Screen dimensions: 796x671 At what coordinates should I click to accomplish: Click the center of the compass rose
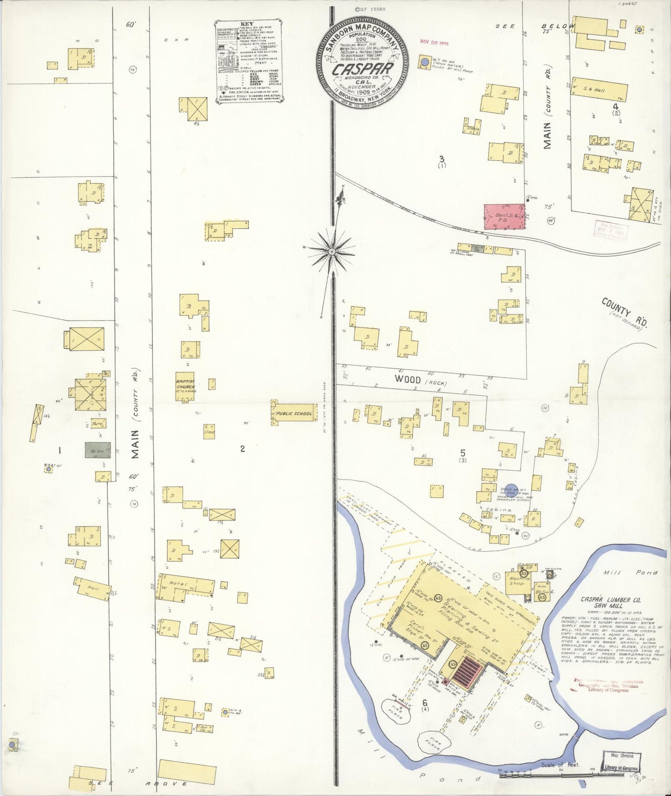(x=332, y=252)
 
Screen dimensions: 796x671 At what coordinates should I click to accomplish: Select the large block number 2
(x=242, y=449)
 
